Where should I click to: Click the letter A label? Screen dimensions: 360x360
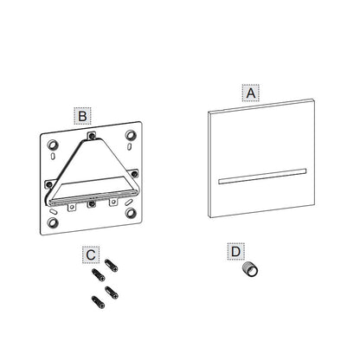pyautogui.click(x=251, y=93)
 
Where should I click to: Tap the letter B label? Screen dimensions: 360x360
pyautogui.click(x=82, y=116)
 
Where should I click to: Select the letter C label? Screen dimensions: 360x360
pyautogui.click(x=91, y=255)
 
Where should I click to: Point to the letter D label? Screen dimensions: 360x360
pyautogui.click(x=235, y=252)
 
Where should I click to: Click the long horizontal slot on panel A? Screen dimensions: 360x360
pyautogui.click(x=262, y=177)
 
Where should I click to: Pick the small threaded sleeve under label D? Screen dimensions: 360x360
pyautogui.click(x=250, y=269)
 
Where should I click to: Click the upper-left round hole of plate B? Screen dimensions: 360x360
pyautogui.click(x=53, y=145)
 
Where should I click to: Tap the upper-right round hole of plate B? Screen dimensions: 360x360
pyautogui.click(x=131, y=135)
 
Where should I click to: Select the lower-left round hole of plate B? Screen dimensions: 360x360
pyautogui.click(x=53, y=222)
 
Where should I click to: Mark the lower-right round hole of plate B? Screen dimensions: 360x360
pyautogui.click(x=131, y=213)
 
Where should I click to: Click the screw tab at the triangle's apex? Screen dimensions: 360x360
pyautogui.click(x=92, y=136)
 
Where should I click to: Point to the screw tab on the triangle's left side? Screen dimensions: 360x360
pyautogui.click(x=49, y=183)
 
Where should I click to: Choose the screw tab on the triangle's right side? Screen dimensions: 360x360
pyautogui.click(x=134, y=173)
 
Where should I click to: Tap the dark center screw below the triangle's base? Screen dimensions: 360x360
pyautogui.click(x=92, y=204)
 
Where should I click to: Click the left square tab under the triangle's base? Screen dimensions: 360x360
pyautogui.click(x=72, y=207)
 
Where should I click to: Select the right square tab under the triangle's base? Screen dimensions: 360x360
pyautogui.click(x=113, y=202)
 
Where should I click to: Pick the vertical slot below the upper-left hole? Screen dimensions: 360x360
pyautogui.click(x=53, y=157)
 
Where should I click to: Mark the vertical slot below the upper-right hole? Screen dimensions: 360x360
pyautogui.click(x=129, y=146)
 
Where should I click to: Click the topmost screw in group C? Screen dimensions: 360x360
pyautogui.click(x=111, y=266)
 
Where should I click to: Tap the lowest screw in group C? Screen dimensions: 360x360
pyautogui.click(x=98, y=302)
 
